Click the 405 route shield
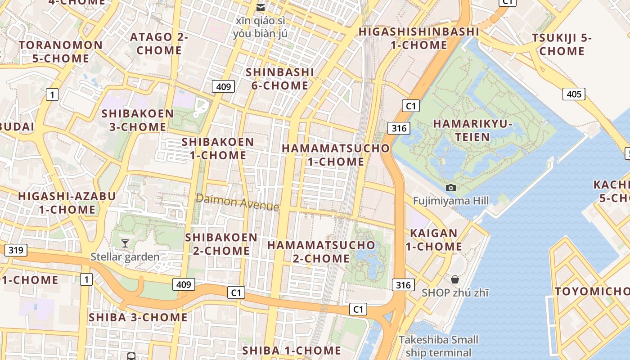click(x=574, y=94)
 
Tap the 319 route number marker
click(x=16, y=250)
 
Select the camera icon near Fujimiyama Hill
click(x=450, y=188)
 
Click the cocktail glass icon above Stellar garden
click(x=125, y=243)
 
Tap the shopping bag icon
click(x=455, y=279)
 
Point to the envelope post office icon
click(x=261, y=7)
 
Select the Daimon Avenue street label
click(x=237, y=202)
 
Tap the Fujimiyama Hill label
click(x=451, y=201)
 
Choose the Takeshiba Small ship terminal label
click(x=438, y=346)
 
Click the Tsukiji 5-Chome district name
click(x=562, y=45)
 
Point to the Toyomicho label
click(x=592, y=291)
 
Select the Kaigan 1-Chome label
click(x=434, y=240)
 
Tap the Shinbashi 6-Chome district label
click(x=279, y=79)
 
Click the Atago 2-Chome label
click(x=159, y=43)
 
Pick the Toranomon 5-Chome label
click(x=61, y=52)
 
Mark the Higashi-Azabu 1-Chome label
click(x=67, y=203)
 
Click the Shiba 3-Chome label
click(x=138, y=317)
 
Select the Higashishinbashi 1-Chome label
click(x=418, y=38)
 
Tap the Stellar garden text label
click(x=125, y=257)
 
